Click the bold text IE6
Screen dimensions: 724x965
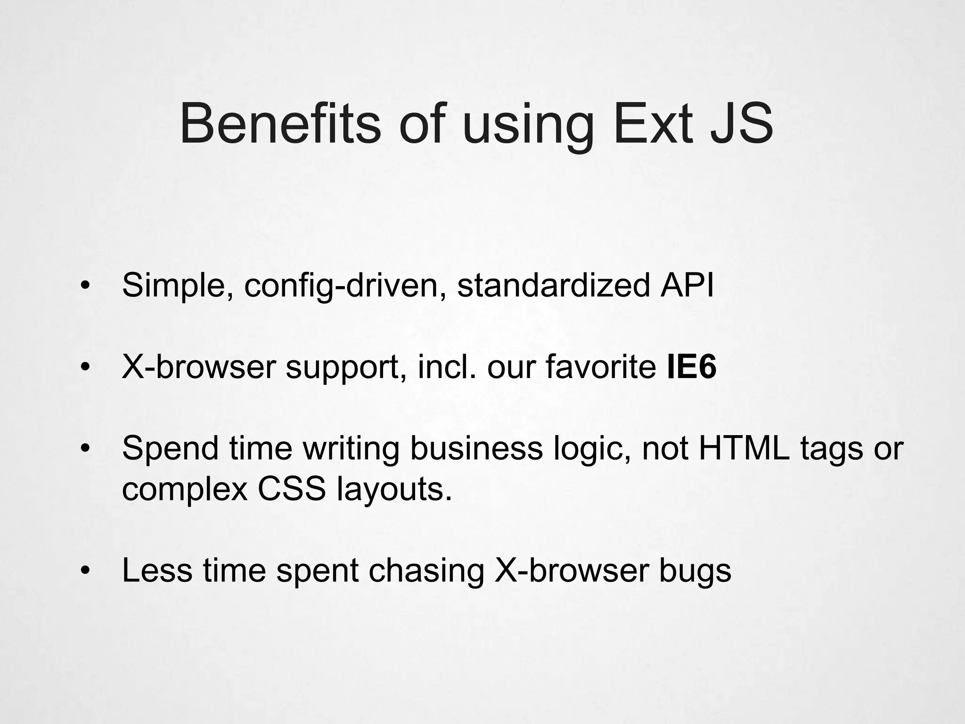(x=692, y=367)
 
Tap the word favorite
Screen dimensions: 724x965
(x=601, y=367)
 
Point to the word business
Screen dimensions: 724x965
(x=476, y=448)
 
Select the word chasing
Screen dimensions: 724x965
(x=426, y=571)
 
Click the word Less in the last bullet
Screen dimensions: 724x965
(x=157, y=570)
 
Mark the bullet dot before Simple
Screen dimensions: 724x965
(x=85, y=286)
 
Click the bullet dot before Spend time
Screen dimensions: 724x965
(x=85, y=448)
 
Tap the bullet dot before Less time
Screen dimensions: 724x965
(x=85, y=571)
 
